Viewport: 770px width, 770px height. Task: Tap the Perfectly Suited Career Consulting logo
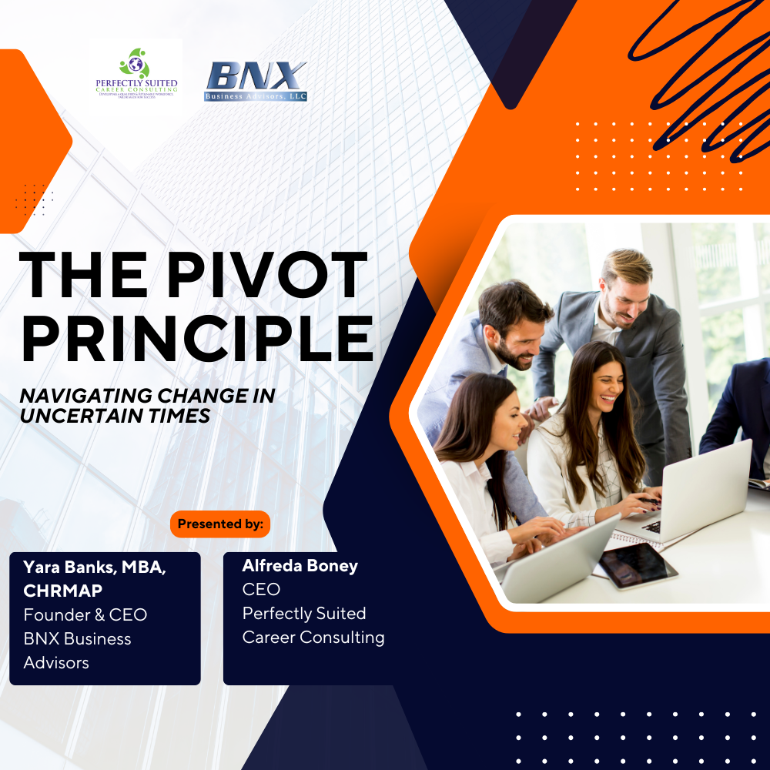tap(136, 75)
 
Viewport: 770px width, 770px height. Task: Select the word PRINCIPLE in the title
tap(197, 338)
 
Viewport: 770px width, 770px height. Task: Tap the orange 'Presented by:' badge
tap(220, 524)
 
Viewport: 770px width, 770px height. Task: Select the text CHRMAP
tap(62, 591)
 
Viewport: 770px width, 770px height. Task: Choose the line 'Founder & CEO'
tap(85, 614)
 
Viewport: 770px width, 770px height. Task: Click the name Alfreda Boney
tap(300, 566)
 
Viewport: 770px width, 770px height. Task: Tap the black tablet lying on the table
tap(638, 564)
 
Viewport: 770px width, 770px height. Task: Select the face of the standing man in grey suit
tap(622, 293)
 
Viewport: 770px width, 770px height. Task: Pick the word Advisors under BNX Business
tap(56, 662)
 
